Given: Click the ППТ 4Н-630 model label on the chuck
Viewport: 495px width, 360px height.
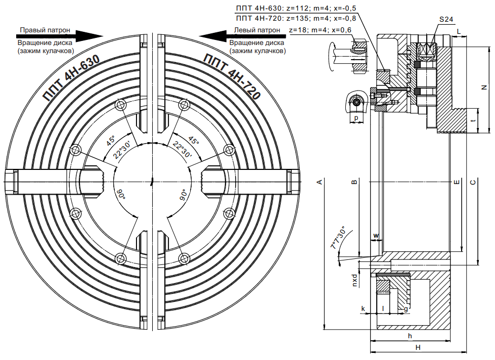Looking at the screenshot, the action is (x=71, y=78).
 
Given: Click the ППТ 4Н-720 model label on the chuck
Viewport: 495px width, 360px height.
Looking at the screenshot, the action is (x=232, y=76).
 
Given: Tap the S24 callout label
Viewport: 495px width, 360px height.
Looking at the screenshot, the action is (x=446, y=19).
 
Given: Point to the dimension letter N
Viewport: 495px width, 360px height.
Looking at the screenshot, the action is (x=484, y=87).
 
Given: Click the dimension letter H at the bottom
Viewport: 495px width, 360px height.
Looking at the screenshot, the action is (x=418, y=347).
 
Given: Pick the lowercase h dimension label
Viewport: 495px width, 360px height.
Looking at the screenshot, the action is (x=410, y=336).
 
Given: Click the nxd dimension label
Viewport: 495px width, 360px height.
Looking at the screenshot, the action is (x=355, y=280).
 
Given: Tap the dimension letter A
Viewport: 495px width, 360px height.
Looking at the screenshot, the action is (x=320, y=182).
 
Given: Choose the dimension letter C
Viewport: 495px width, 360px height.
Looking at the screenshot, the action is (x=473, y=182).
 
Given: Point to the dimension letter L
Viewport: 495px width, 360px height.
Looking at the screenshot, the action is (x=459, y=31).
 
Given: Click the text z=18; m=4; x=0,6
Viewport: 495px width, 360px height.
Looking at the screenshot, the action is (x=320, y=30).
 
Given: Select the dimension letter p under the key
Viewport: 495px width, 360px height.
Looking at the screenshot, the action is (x=356, y=118).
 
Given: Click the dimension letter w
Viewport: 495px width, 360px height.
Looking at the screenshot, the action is (x=376, y=236).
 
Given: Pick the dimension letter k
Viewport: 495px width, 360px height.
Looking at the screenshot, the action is (x=363, y=308).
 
